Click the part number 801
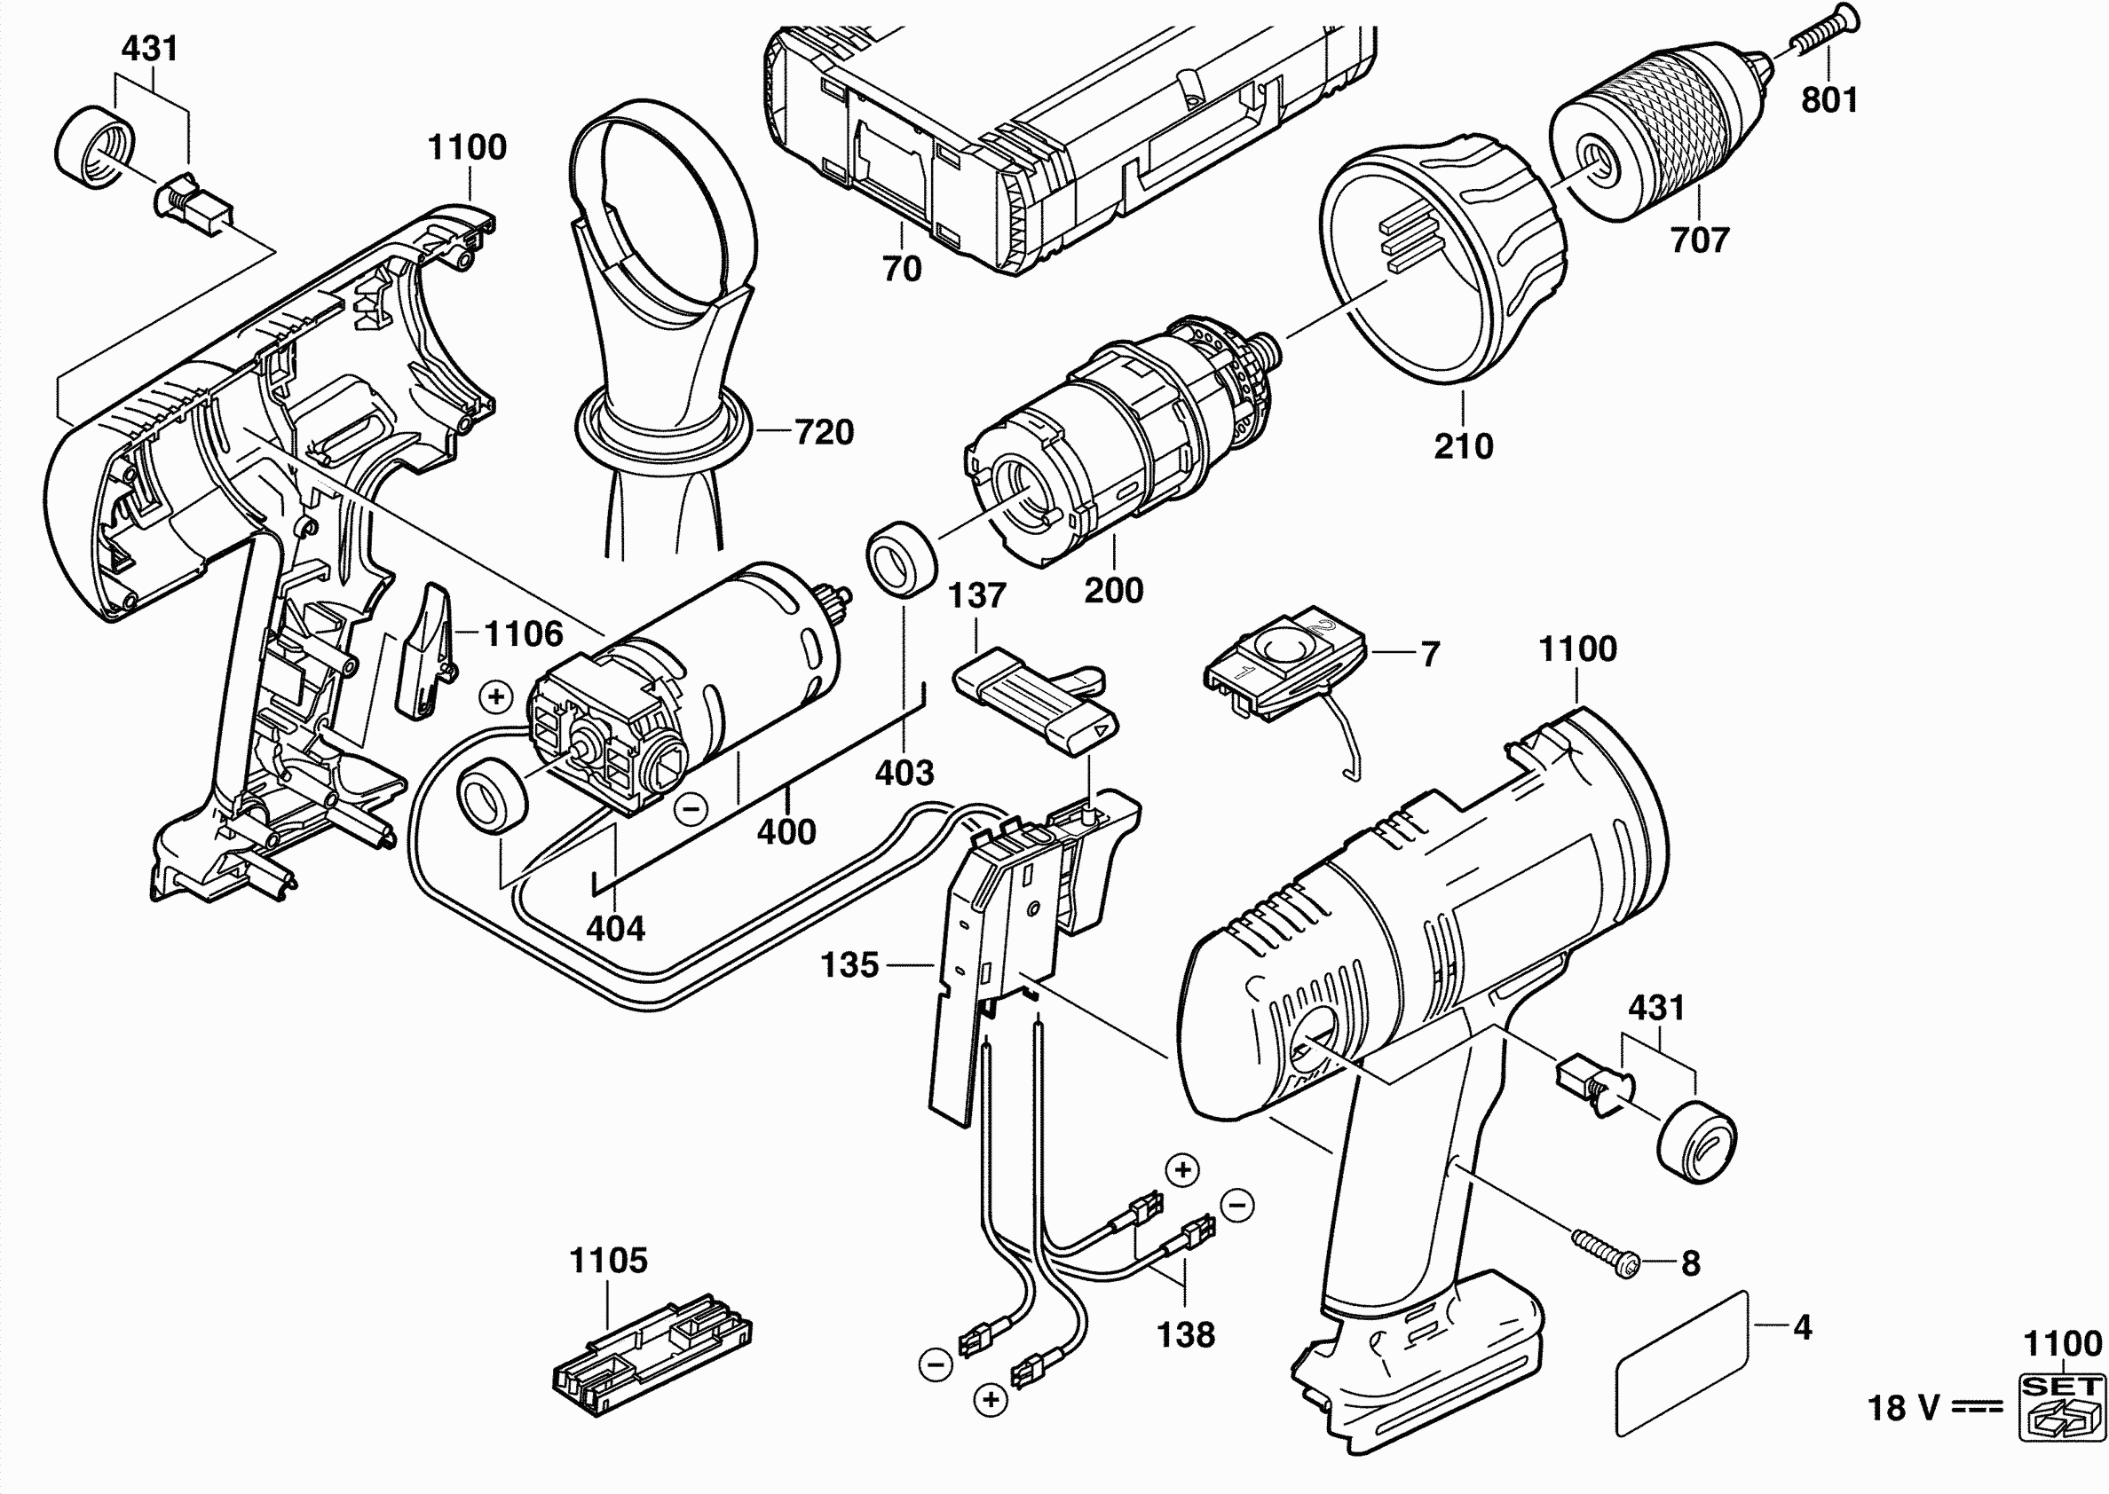1829,99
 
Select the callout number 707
1700,240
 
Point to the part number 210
1463,446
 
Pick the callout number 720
824,431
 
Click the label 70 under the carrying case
902,269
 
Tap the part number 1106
523,633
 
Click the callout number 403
904,773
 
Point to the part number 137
976,595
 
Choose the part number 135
849,965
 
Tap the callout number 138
1185,1334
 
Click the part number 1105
608,1261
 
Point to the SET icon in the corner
2062,1406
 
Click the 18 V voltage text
1904,1408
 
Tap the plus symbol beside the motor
497,696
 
